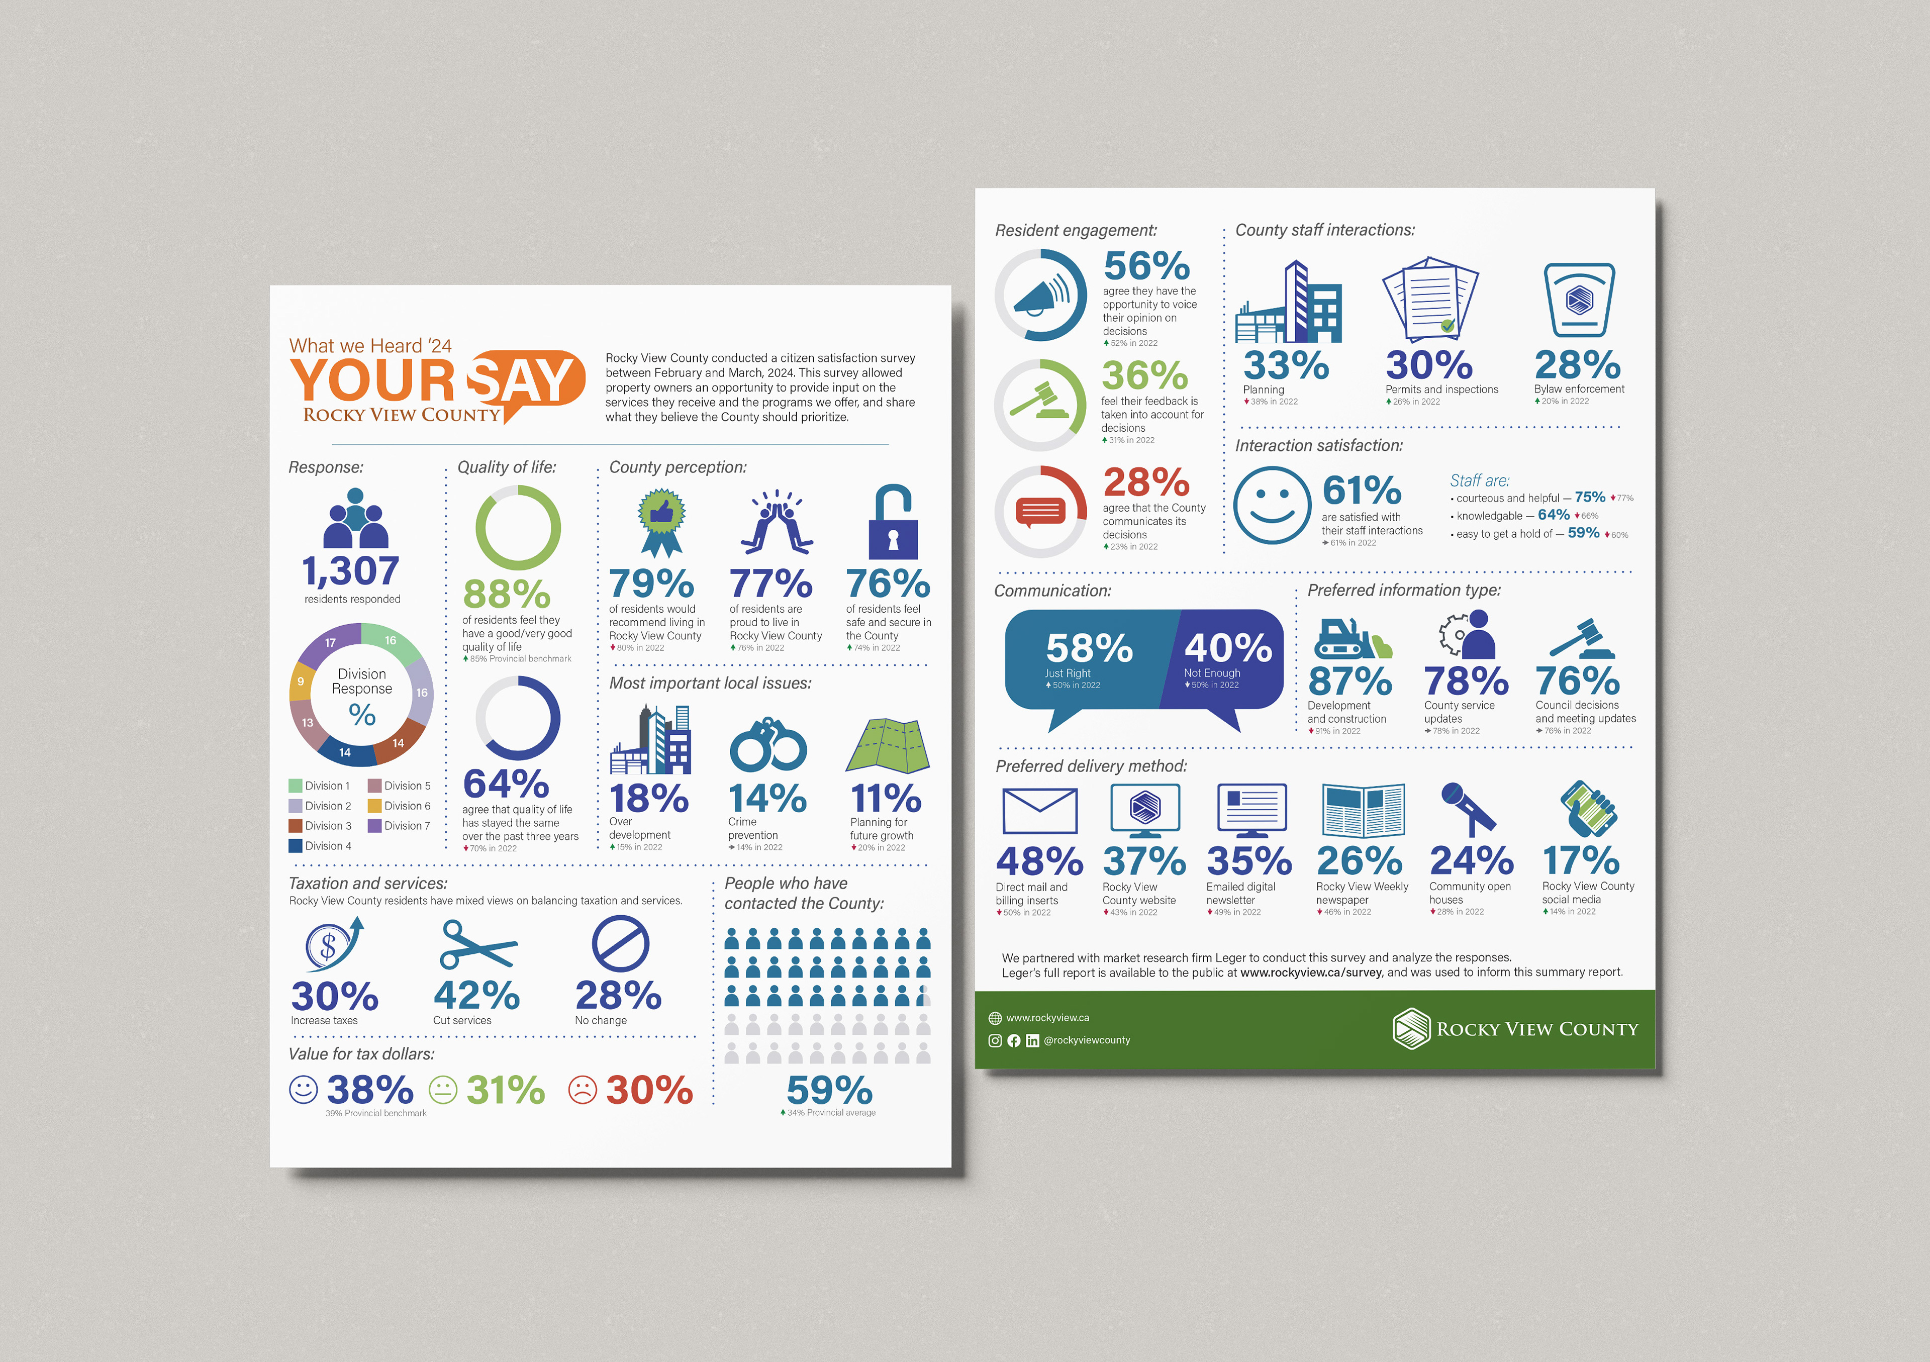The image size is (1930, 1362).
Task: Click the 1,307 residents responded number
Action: click(x=350, y=572)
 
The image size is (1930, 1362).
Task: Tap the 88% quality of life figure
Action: click(x=507, y=595)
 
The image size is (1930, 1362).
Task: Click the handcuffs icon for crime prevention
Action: click(x=767, y=745)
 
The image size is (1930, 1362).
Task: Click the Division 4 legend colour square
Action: click(x=295, y=846)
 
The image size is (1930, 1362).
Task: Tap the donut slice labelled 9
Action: click(x=301, y=682)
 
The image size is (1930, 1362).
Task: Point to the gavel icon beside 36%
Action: click(x=1040, y=404)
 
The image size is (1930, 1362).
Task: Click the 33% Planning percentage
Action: click(x=1286, y=366)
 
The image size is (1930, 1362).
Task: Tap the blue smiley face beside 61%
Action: click(x=1272, y=505)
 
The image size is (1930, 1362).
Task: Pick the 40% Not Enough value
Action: click(x=1228, y=648)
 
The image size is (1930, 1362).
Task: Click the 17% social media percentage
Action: click(x=1581, y=861)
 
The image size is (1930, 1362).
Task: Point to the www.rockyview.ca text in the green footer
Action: click(x=1047, y=1017)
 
